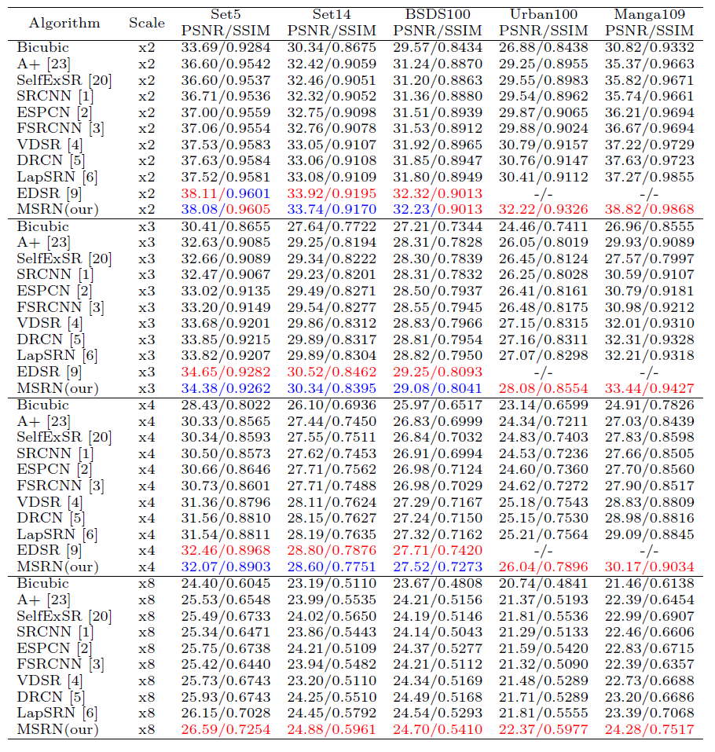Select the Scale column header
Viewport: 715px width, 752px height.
[147, 22]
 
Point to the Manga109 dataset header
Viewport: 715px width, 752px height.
[649, 14]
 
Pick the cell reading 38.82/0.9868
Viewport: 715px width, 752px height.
[649, 209]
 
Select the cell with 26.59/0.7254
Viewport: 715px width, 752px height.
[225, 730]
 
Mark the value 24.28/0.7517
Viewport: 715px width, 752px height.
[649, 730]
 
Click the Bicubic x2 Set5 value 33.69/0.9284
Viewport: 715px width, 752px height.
[225, 47]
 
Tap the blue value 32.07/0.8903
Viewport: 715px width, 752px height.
[225, 566]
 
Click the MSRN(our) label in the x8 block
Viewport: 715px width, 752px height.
[58, 730]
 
